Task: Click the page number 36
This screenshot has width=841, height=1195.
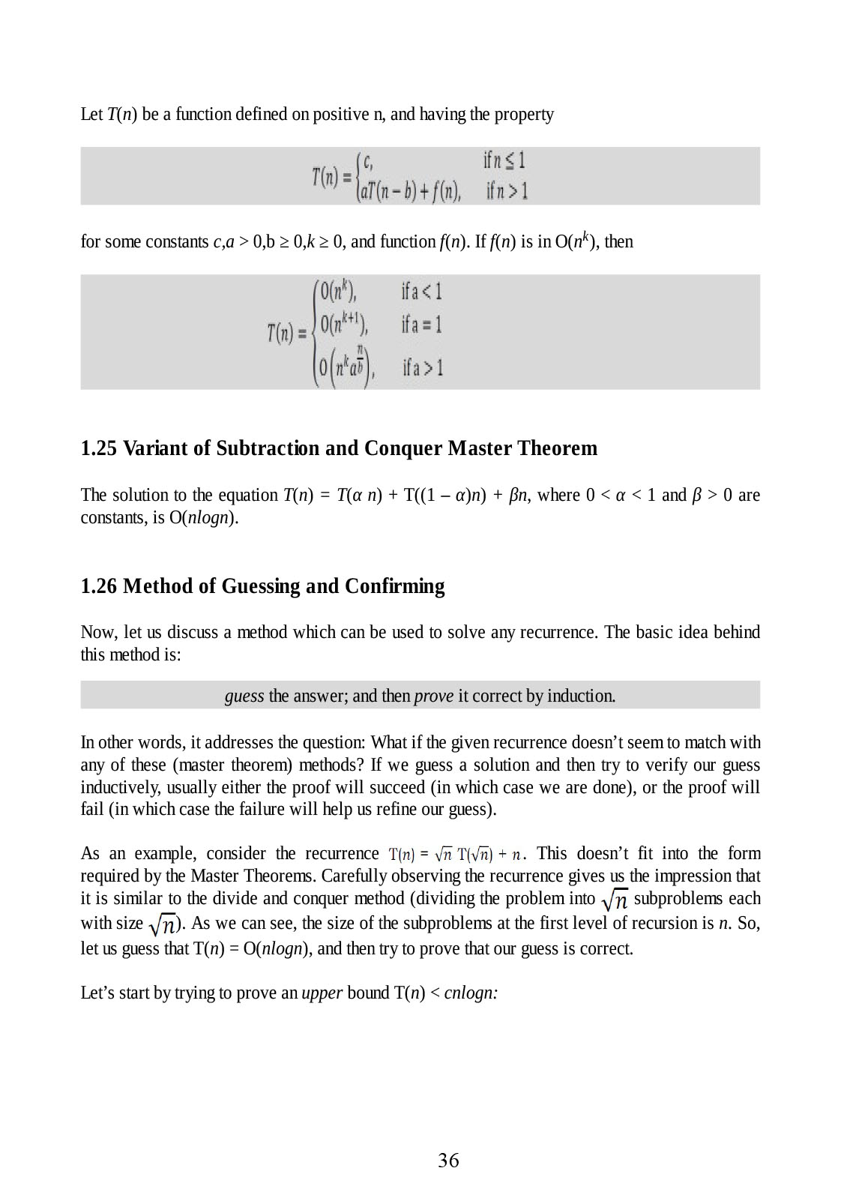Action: tap(448, 1161)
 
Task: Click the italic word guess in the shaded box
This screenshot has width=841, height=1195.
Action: tap(244, 696)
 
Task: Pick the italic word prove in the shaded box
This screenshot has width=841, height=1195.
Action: tap(433, 696)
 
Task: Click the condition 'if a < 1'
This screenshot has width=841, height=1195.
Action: tap(421, 291)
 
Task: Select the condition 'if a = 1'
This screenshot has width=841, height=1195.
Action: tap(421, 325)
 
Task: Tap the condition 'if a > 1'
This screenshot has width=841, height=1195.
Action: tap(423, 367)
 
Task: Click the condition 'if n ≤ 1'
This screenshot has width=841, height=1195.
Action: tap(504, 160)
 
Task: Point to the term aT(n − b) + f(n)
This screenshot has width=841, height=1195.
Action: tap(410, 192)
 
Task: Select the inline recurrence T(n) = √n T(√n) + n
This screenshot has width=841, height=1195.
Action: tap(458, 854)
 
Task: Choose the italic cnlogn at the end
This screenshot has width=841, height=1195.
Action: tap(471, 993)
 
